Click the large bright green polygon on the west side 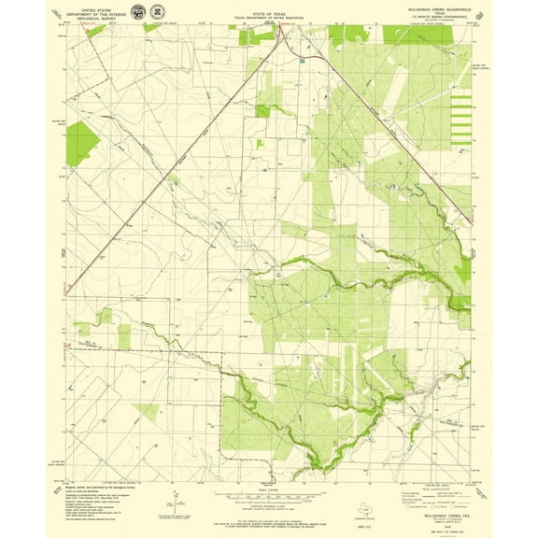coord(81,143)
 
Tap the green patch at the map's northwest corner coord(95,31)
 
